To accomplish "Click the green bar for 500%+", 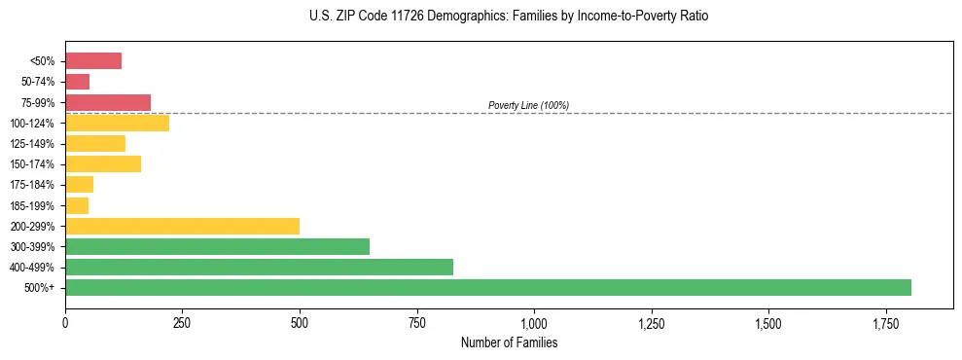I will [487, 287].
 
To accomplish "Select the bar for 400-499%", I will [259, 267].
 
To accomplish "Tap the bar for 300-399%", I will [217, 246].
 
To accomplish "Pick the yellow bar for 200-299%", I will [182, 226].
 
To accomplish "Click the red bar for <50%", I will [93, 61].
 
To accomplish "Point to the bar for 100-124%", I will [117, 123].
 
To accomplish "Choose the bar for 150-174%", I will [103, 163].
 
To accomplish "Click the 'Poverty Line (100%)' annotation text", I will [528, 105].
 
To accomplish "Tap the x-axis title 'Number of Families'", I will [509, 342].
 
